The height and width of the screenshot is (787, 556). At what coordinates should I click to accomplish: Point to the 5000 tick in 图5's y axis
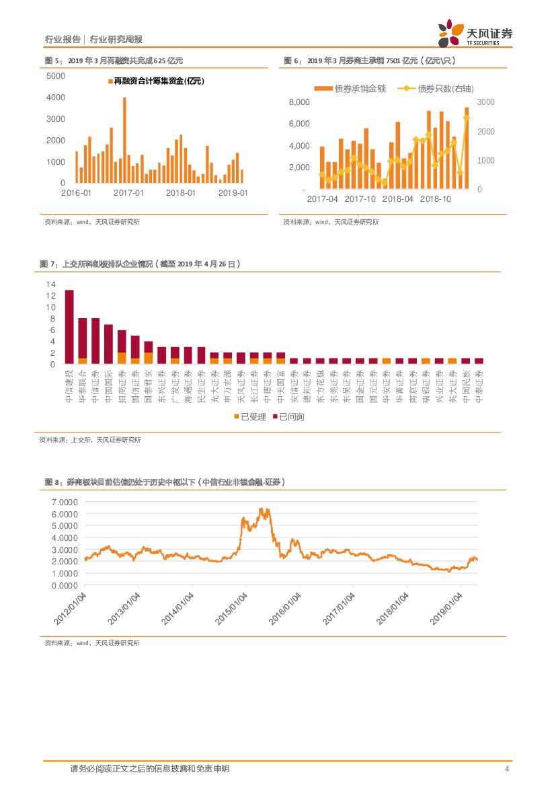(56, 75)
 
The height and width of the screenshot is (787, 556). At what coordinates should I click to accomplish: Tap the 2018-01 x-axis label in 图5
(181, 193)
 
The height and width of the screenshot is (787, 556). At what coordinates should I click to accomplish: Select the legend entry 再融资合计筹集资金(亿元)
(155, 81)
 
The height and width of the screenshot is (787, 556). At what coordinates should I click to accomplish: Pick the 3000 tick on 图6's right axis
(485, 102)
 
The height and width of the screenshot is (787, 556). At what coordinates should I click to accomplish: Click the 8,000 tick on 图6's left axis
(299, 102)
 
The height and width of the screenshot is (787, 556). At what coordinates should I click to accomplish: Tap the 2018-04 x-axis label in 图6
(397, 199)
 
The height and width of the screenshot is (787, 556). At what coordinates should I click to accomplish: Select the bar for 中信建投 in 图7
(69, 327)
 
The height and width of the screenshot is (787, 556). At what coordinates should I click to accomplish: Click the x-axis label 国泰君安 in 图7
(149, 385)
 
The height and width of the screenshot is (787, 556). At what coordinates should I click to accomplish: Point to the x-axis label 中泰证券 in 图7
(479, 385)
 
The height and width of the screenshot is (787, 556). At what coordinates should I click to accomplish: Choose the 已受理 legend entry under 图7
(251, 417)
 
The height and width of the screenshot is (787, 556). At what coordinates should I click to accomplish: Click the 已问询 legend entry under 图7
(287, 417)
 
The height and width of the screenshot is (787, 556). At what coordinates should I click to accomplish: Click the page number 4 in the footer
(506, 769)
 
